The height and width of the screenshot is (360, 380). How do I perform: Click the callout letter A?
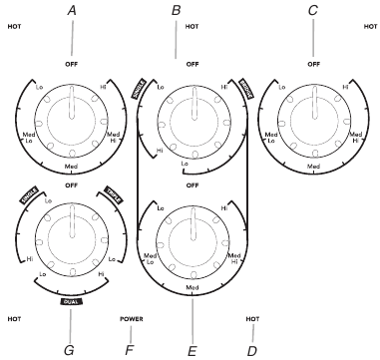(x=72, y=9)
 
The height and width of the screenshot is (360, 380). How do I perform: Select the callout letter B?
(x=177, y=9)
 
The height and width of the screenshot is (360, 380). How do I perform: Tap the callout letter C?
(x=312, y=9)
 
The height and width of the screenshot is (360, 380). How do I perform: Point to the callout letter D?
(x=250, y=350)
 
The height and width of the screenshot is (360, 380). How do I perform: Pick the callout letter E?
(x=190, y=350)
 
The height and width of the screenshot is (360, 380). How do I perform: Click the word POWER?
(x=132, y=320)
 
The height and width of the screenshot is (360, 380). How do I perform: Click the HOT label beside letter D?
(x=252, y=320)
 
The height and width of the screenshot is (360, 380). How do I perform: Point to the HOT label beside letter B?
(x=192, y=26)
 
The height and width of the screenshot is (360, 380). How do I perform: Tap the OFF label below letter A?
(x=72, y=62)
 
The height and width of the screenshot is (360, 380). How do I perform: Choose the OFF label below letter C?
(x=313, y=62)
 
